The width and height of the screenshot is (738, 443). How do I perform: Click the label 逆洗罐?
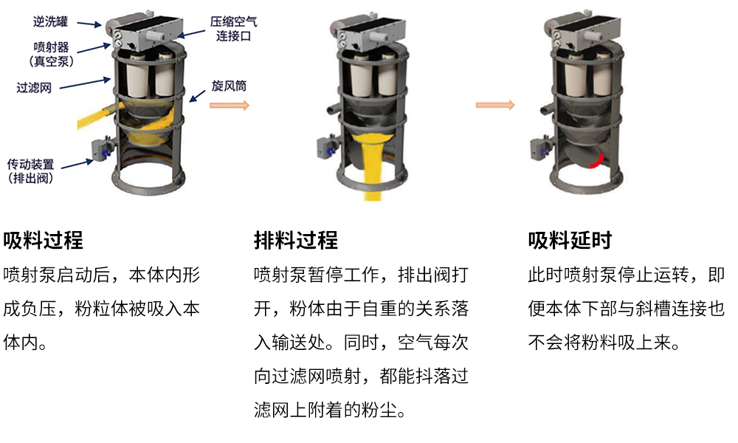[x=50, y=21]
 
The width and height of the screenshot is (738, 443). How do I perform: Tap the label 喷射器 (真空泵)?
[x=52, y=54]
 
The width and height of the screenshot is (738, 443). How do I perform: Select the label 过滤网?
[x=34, y=88]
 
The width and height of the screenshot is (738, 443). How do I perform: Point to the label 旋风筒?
[x=229, y=86]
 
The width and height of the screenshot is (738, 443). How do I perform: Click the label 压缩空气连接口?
[x=233, y=29]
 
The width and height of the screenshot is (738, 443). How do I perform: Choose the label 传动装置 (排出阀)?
[x=30, y=171]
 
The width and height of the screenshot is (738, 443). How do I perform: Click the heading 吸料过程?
[x=43, y=240]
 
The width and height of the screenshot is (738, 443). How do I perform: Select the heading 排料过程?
[x=296, y=240]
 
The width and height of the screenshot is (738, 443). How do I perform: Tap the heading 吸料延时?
[x=570, y=240]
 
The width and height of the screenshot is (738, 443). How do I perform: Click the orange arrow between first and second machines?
[x=230, y=105]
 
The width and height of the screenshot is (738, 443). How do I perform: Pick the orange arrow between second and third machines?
[x=495, y=105]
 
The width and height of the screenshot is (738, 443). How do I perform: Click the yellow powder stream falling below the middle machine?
[x=373, y=167]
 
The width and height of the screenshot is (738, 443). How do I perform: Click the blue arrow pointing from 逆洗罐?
[x=89, y=24]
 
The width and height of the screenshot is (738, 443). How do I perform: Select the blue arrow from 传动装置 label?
[x=77, y=164]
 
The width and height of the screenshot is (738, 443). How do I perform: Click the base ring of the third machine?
[x=587, y=180]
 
